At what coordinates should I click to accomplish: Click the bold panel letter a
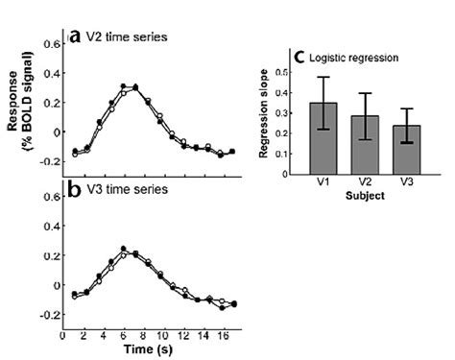pos(75,36)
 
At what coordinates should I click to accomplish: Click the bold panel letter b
pos(75,189)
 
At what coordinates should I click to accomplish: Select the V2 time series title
pos(125,37)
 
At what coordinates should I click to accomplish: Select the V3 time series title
pos(125,190)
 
